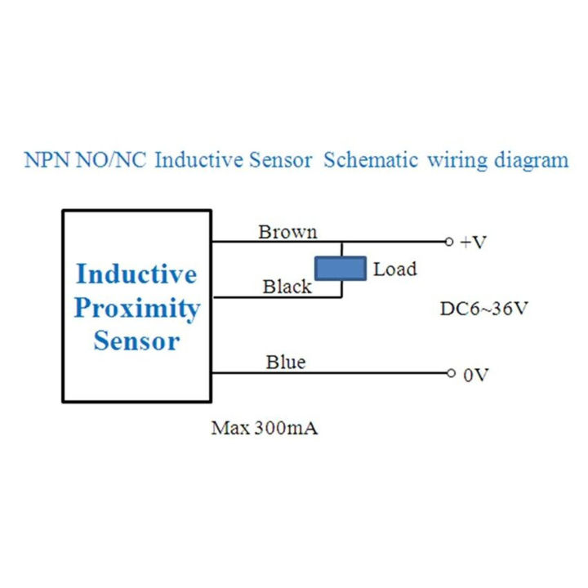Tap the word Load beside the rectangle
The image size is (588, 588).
[x=394, y=269]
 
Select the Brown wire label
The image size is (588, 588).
[x=287, y=232]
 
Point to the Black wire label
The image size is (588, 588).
[x=287, y=287]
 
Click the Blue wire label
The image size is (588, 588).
[x=286, y=362]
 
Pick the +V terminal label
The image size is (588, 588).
[x=474, y=243]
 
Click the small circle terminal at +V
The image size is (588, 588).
[x=448, y=242]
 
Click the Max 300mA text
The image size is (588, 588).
[x=265, y=428]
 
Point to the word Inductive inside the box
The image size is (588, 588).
[x=136, y=274]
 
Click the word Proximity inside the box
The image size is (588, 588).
[x=136, y=308]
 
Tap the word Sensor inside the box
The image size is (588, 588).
[x=136, y=341]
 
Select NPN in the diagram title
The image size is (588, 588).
[x=47, y=160]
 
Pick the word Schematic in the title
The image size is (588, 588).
[x=372, y=160]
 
